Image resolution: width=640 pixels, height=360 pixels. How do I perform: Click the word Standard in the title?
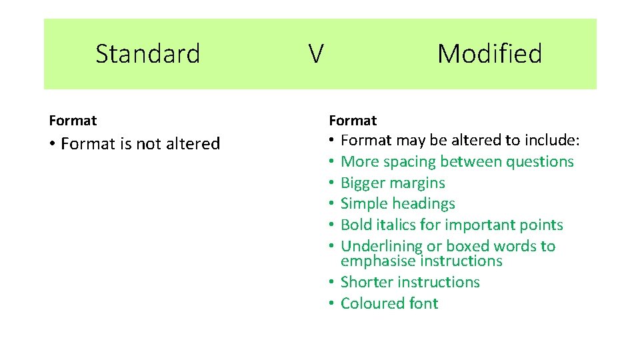click(148, 53)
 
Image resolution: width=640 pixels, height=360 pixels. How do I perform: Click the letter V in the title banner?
click(316, 53)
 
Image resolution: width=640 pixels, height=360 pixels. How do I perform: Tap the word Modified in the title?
click(489, 53)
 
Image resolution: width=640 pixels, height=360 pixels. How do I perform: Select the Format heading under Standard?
click(73, 121)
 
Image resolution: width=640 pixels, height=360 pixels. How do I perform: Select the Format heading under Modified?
click(353, 121)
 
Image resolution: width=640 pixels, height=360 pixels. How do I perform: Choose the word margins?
click(419, 183)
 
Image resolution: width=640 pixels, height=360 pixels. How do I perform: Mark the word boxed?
click(467, 247)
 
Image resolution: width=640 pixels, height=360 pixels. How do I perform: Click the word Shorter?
click(366, 283)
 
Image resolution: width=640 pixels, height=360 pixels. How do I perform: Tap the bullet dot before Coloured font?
click(331, 304)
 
